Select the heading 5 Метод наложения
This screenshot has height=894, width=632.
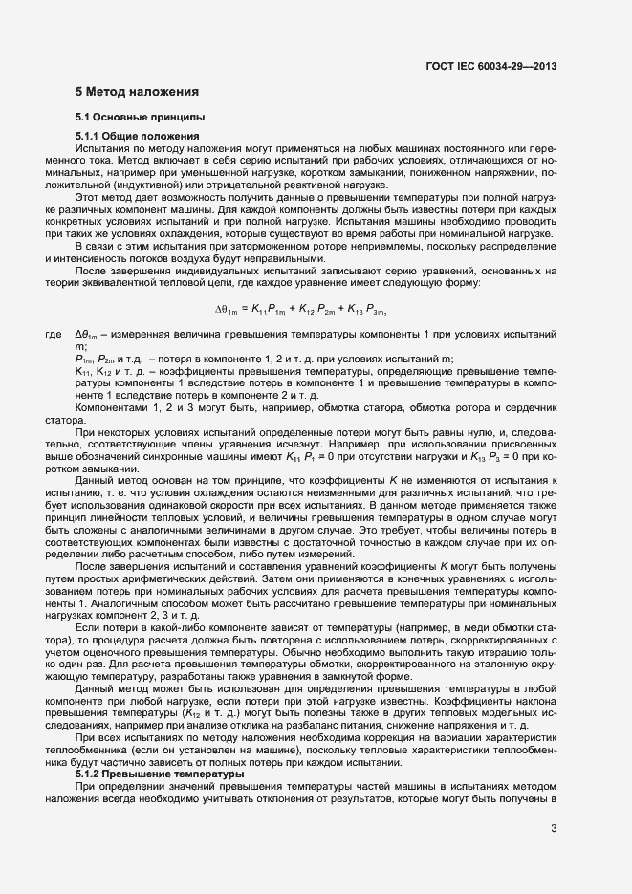(x=137, y=92)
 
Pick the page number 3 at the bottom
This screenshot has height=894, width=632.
(x=554, y=828)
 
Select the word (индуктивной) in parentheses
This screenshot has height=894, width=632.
(x=151, y=185)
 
